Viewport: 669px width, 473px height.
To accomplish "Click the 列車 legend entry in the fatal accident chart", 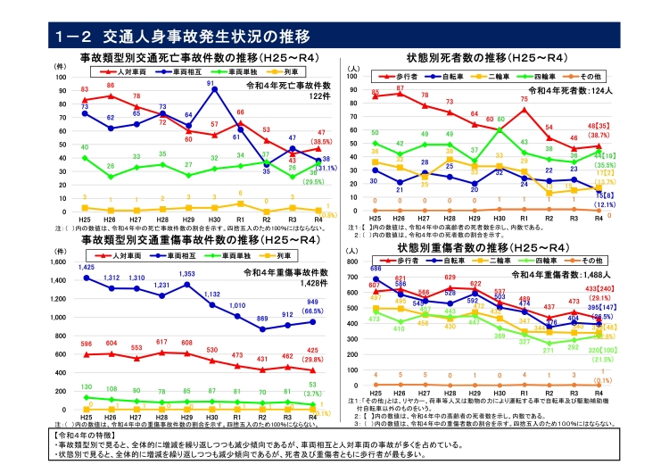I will pos(293,70).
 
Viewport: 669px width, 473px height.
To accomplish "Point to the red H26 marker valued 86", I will pos(111,94).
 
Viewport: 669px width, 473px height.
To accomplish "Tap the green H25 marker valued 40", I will pos(85,158).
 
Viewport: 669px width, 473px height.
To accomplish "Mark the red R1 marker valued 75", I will pos(524,109).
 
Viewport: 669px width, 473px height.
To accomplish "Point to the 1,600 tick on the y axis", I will pos(60,263).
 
